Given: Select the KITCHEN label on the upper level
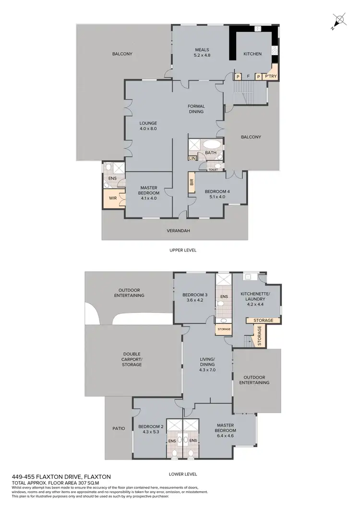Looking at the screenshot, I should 252,54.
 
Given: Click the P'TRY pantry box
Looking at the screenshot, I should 271,76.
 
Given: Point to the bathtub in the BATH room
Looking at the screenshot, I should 211,144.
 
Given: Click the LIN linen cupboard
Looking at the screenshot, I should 192,158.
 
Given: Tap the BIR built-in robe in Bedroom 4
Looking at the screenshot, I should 192,182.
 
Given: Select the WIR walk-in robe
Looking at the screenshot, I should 113,198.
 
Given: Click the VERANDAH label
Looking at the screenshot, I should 178,231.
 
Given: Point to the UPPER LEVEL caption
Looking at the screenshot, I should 183,250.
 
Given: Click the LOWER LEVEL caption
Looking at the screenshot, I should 183,474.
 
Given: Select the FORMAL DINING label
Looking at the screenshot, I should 196,109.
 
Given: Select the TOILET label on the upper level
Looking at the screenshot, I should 213,169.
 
